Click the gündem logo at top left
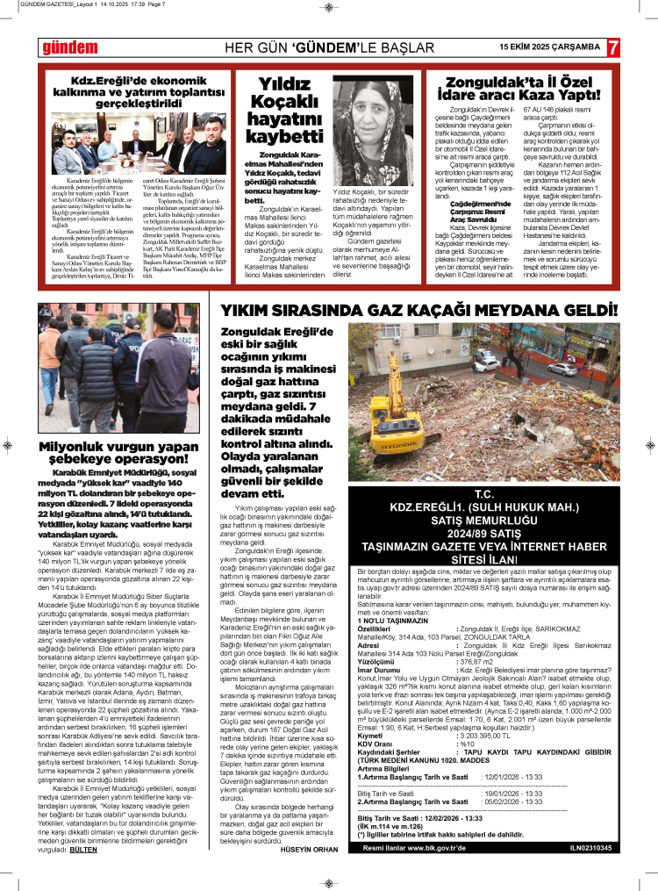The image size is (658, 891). coord(65,47)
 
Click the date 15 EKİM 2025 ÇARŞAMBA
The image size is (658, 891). coord(549,47)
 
